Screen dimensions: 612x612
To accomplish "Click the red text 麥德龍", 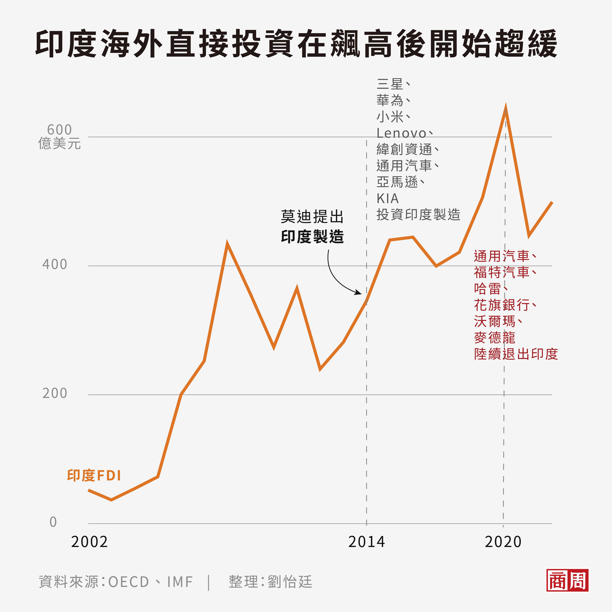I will point(495,338).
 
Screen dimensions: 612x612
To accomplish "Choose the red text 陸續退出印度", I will point(516,354).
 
